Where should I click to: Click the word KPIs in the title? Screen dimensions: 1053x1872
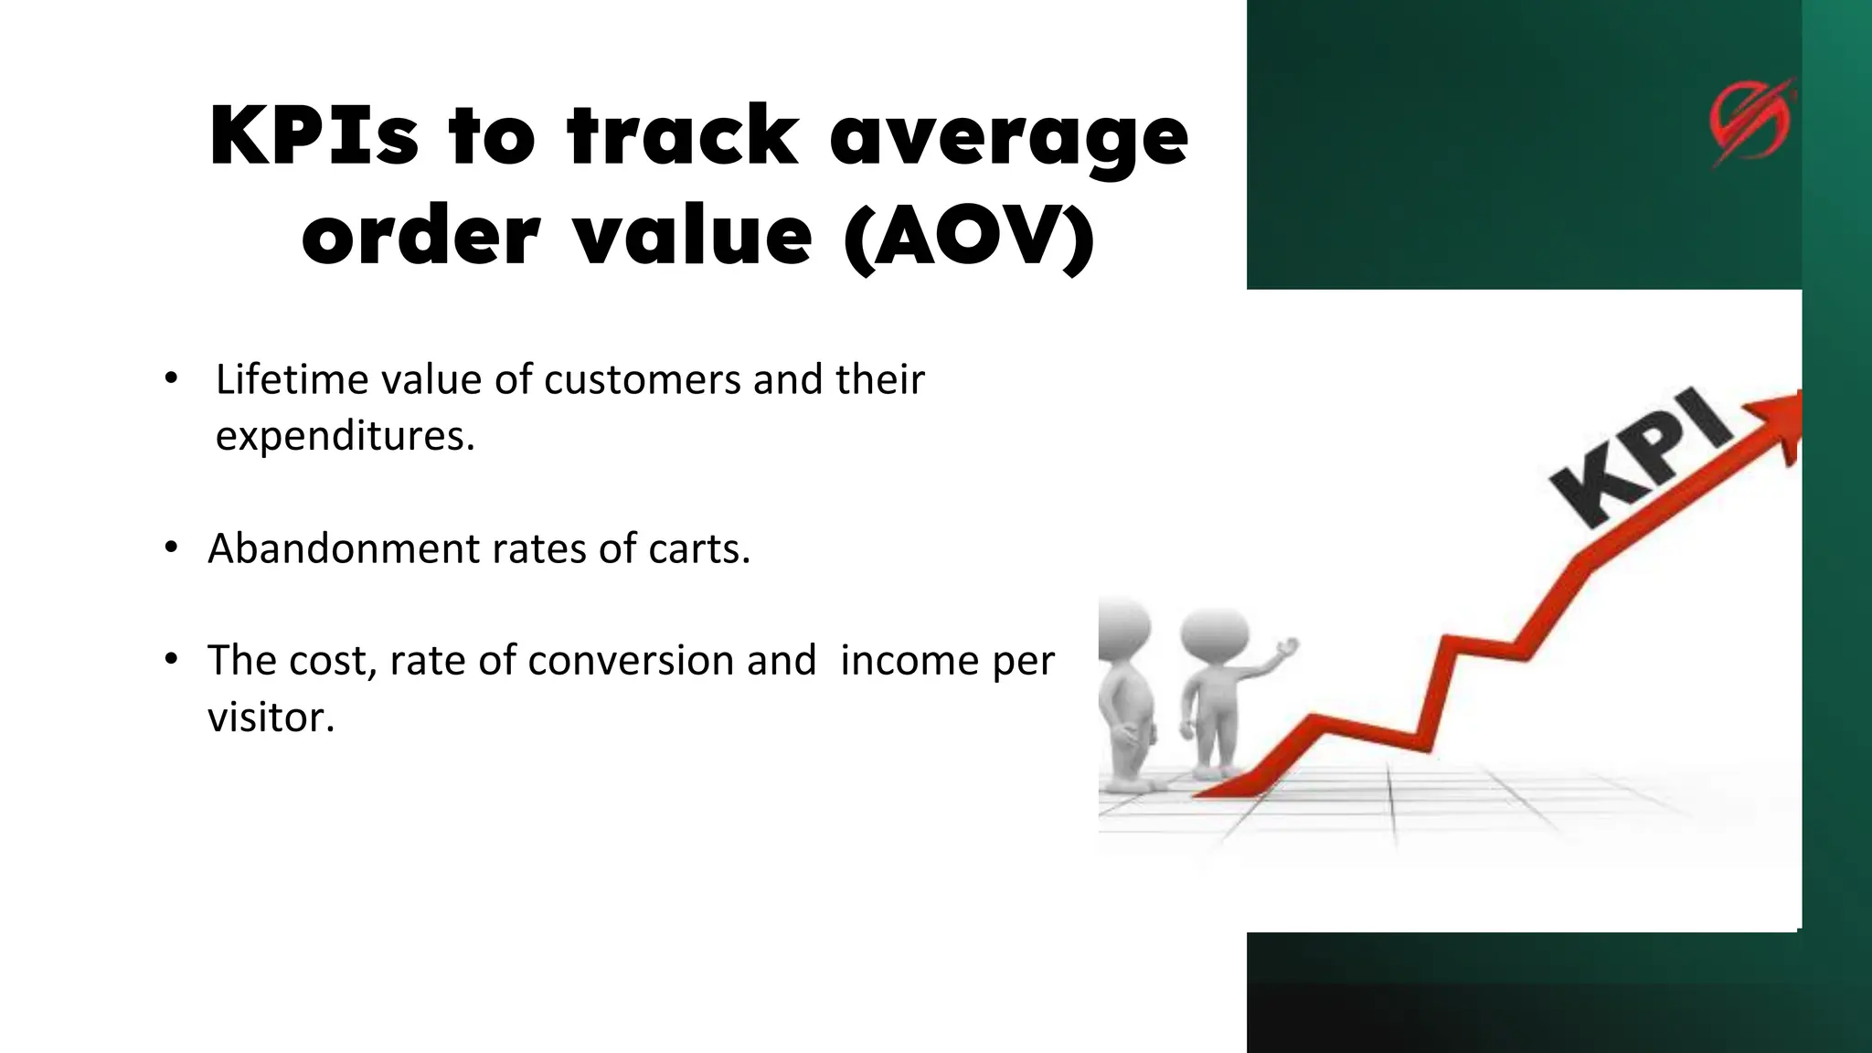[x=314, y=136]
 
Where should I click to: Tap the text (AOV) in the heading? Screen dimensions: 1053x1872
[x=969, y=237]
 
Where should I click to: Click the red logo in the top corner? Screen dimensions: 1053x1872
[x=1750, y=122]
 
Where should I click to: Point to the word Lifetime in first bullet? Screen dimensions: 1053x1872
[x=291, y=379]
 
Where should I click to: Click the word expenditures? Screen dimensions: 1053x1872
[x=345, y=436]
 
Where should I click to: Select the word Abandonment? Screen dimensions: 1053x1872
[x=344, y=548]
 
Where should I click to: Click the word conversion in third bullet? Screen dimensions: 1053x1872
[x=671, y=660]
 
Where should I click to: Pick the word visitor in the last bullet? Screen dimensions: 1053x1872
[x=271, y=717]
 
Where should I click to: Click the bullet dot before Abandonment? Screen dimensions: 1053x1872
[x=171, y=548]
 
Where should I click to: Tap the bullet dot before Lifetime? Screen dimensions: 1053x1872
[x=171, y=378]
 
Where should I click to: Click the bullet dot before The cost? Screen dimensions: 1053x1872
[x=171, y=659]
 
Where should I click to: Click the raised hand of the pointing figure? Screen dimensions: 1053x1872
[x=1287, y=648]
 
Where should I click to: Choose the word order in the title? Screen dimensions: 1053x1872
[x=420, y=237]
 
